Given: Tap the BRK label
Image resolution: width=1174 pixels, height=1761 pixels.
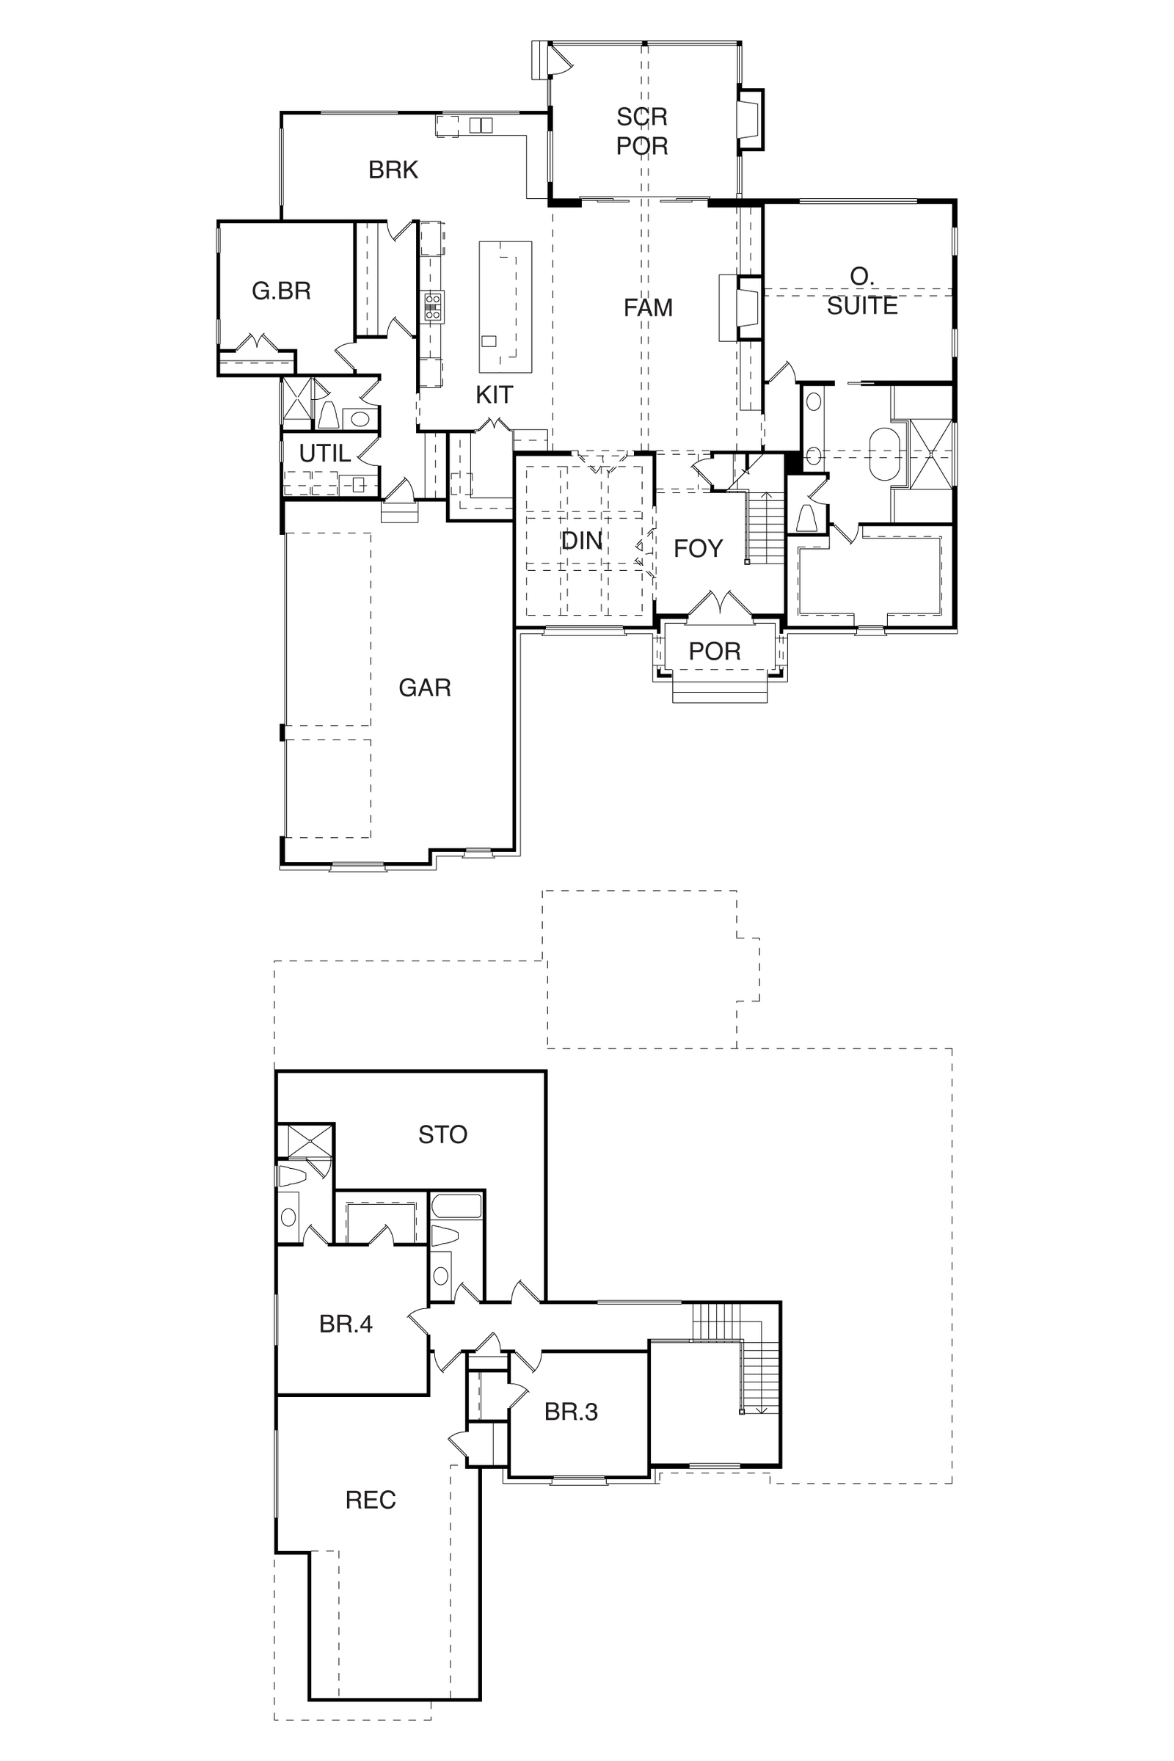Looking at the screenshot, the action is [393, 170].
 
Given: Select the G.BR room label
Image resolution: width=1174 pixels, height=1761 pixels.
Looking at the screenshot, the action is [281, 291].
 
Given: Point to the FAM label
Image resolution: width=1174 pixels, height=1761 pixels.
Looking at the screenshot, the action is [648, 307].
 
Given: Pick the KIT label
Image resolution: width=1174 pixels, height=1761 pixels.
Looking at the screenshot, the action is [494, 395].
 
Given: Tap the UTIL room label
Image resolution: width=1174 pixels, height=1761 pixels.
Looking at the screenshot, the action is [325, 453].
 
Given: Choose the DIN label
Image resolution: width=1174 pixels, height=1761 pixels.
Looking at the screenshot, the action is [582, 541].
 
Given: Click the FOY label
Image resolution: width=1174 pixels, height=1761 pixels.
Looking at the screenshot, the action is [698, 549].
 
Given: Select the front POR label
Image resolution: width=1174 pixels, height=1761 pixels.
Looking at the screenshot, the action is [714, 652].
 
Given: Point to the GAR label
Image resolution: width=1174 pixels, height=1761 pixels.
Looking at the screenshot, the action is [425, 688].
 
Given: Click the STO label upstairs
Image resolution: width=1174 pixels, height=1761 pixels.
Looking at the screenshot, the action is [442, 1134].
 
